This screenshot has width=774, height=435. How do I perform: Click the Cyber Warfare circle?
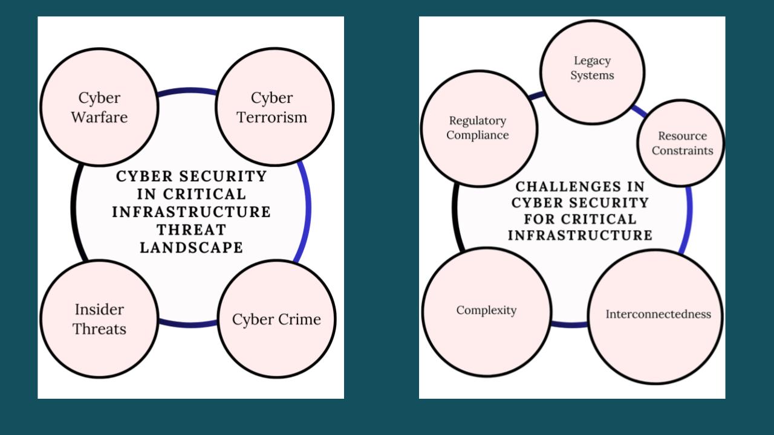99,107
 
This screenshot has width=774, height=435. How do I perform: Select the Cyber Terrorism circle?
275,107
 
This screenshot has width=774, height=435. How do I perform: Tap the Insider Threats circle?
99,319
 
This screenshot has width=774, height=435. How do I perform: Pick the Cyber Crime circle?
276,319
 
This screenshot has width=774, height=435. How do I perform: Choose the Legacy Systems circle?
592,72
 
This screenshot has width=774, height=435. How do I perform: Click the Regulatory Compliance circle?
478,128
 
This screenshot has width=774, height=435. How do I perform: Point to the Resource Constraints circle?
681,143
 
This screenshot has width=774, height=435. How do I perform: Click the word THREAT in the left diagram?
191,230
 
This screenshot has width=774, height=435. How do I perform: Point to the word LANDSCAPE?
191,248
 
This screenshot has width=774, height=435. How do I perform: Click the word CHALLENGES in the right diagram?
580,186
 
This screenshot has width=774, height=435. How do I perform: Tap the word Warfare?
99,117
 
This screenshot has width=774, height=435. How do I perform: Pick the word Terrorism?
272,117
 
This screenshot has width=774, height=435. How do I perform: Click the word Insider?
99,309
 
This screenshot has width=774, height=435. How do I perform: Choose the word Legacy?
592,60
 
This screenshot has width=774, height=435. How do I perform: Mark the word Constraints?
682,150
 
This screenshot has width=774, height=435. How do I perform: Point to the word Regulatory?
477,121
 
